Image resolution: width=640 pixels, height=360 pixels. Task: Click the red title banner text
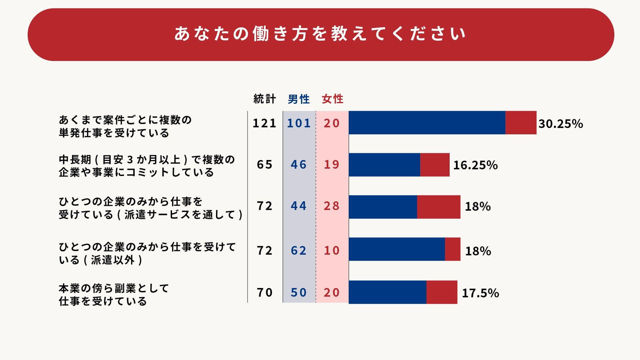coord(320,34)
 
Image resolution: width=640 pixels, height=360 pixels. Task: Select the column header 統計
coord(264,99)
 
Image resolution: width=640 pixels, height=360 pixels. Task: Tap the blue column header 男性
coord(299,99)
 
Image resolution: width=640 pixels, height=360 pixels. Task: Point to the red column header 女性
coord(332,99)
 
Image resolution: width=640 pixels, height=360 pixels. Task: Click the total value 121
coord(264,123)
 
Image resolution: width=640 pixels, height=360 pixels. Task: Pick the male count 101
coord(299,123)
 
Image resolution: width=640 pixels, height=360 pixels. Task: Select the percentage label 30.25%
coord(560,124)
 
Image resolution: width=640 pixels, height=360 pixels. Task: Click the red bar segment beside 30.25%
coord(521,123)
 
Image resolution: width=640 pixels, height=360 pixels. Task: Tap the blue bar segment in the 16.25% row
coord(384,165)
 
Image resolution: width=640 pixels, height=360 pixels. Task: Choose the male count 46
coord(299,165)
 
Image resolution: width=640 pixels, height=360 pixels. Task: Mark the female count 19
coord(332,165)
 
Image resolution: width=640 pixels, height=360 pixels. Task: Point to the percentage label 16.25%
coord(475,165)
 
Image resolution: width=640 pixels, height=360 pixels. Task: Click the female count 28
coord(332,206)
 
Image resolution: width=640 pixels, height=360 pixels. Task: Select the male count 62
coord(299,251)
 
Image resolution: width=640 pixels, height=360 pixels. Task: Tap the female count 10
coord(332,251)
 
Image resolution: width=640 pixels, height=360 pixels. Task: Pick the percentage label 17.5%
coord(480,293)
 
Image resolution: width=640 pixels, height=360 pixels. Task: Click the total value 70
coord(264,292)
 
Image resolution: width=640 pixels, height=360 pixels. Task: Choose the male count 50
coord(299,292)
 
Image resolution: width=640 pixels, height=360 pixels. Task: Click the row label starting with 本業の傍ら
coord(114,295)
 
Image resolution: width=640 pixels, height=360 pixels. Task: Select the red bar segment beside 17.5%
coord(442,292)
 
